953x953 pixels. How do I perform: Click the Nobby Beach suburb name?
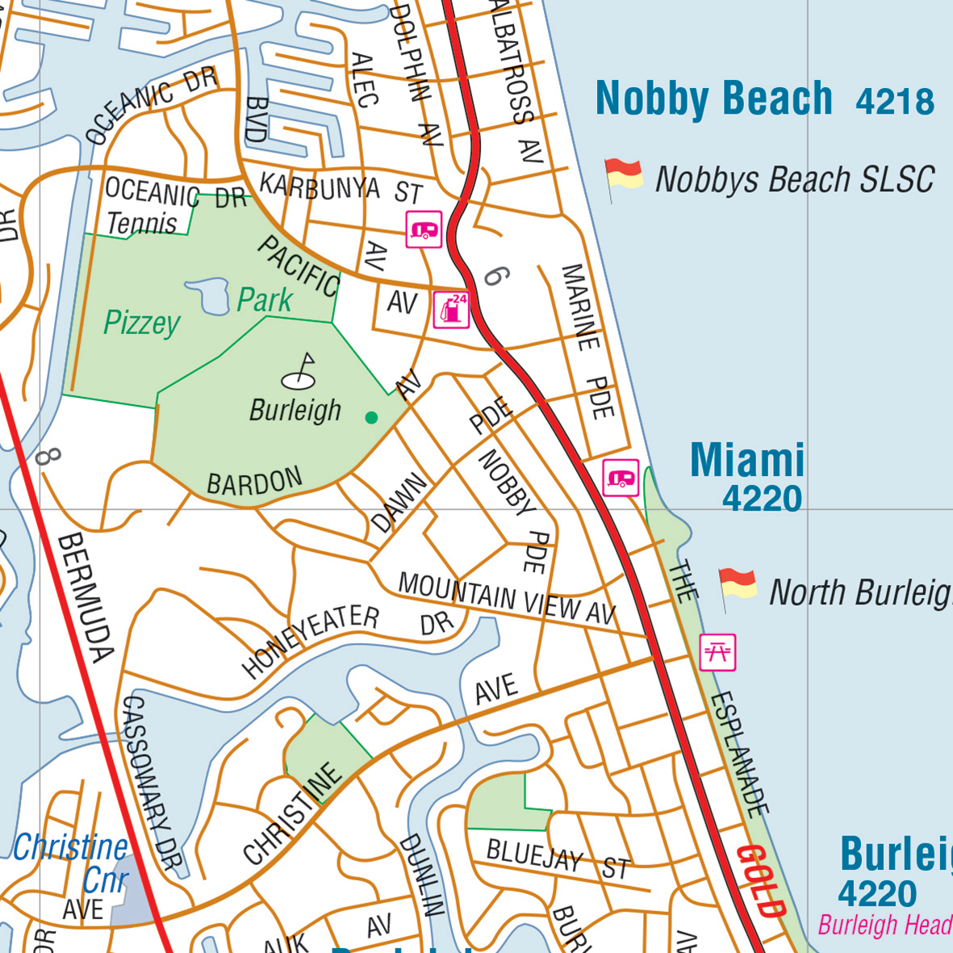(x=713, y=99)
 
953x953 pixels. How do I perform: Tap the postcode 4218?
(x=894, y=102)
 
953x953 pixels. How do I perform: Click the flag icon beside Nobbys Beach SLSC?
(x=623, y=178)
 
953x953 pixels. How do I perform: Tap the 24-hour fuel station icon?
(x=451, y=309)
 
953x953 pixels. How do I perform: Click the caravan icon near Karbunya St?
(x=424, y=230)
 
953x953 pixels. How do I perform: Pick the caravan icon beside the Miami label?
(x=621, y=478)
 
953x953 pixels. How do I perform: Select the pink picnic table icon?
(x=717, y=652)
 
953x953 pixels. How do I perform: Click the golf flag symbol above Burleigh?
(x=300, y=371)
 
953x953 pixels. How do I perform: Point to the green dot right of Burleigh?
(x=371, y=417)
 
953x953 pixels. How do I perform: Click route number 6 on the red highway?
(x=495, y=277)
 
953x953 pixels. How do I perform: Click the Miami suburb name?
(x=747, y=460)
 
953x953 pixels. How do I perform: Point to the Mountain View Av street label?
(x=507, y=599)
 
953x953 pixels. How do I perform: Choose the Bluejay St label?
(x=557, y=859)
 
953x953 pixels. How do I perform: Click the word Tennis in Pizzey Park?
(x=142, y=224)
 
